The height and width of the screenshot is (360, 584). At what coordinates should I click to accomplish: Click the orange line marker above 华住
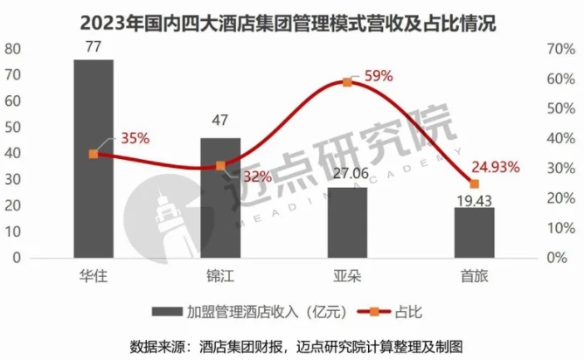tap(94, 154)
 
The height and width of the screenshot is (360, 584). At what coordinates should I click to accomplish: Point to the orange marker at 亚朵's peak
tap(347, 82)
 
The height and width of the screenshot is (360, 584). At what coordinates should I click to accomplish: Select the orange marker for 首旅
tap(474, 184)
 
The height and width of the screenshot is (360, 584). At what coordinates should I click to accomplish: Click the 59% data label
tap(377, 76)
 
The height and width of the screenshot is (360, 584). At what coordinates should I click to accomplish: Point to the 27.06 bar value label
tap(347, 174)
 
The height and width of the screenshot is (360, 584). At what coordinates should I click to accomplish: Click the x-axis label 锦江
tap(220, 276)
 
